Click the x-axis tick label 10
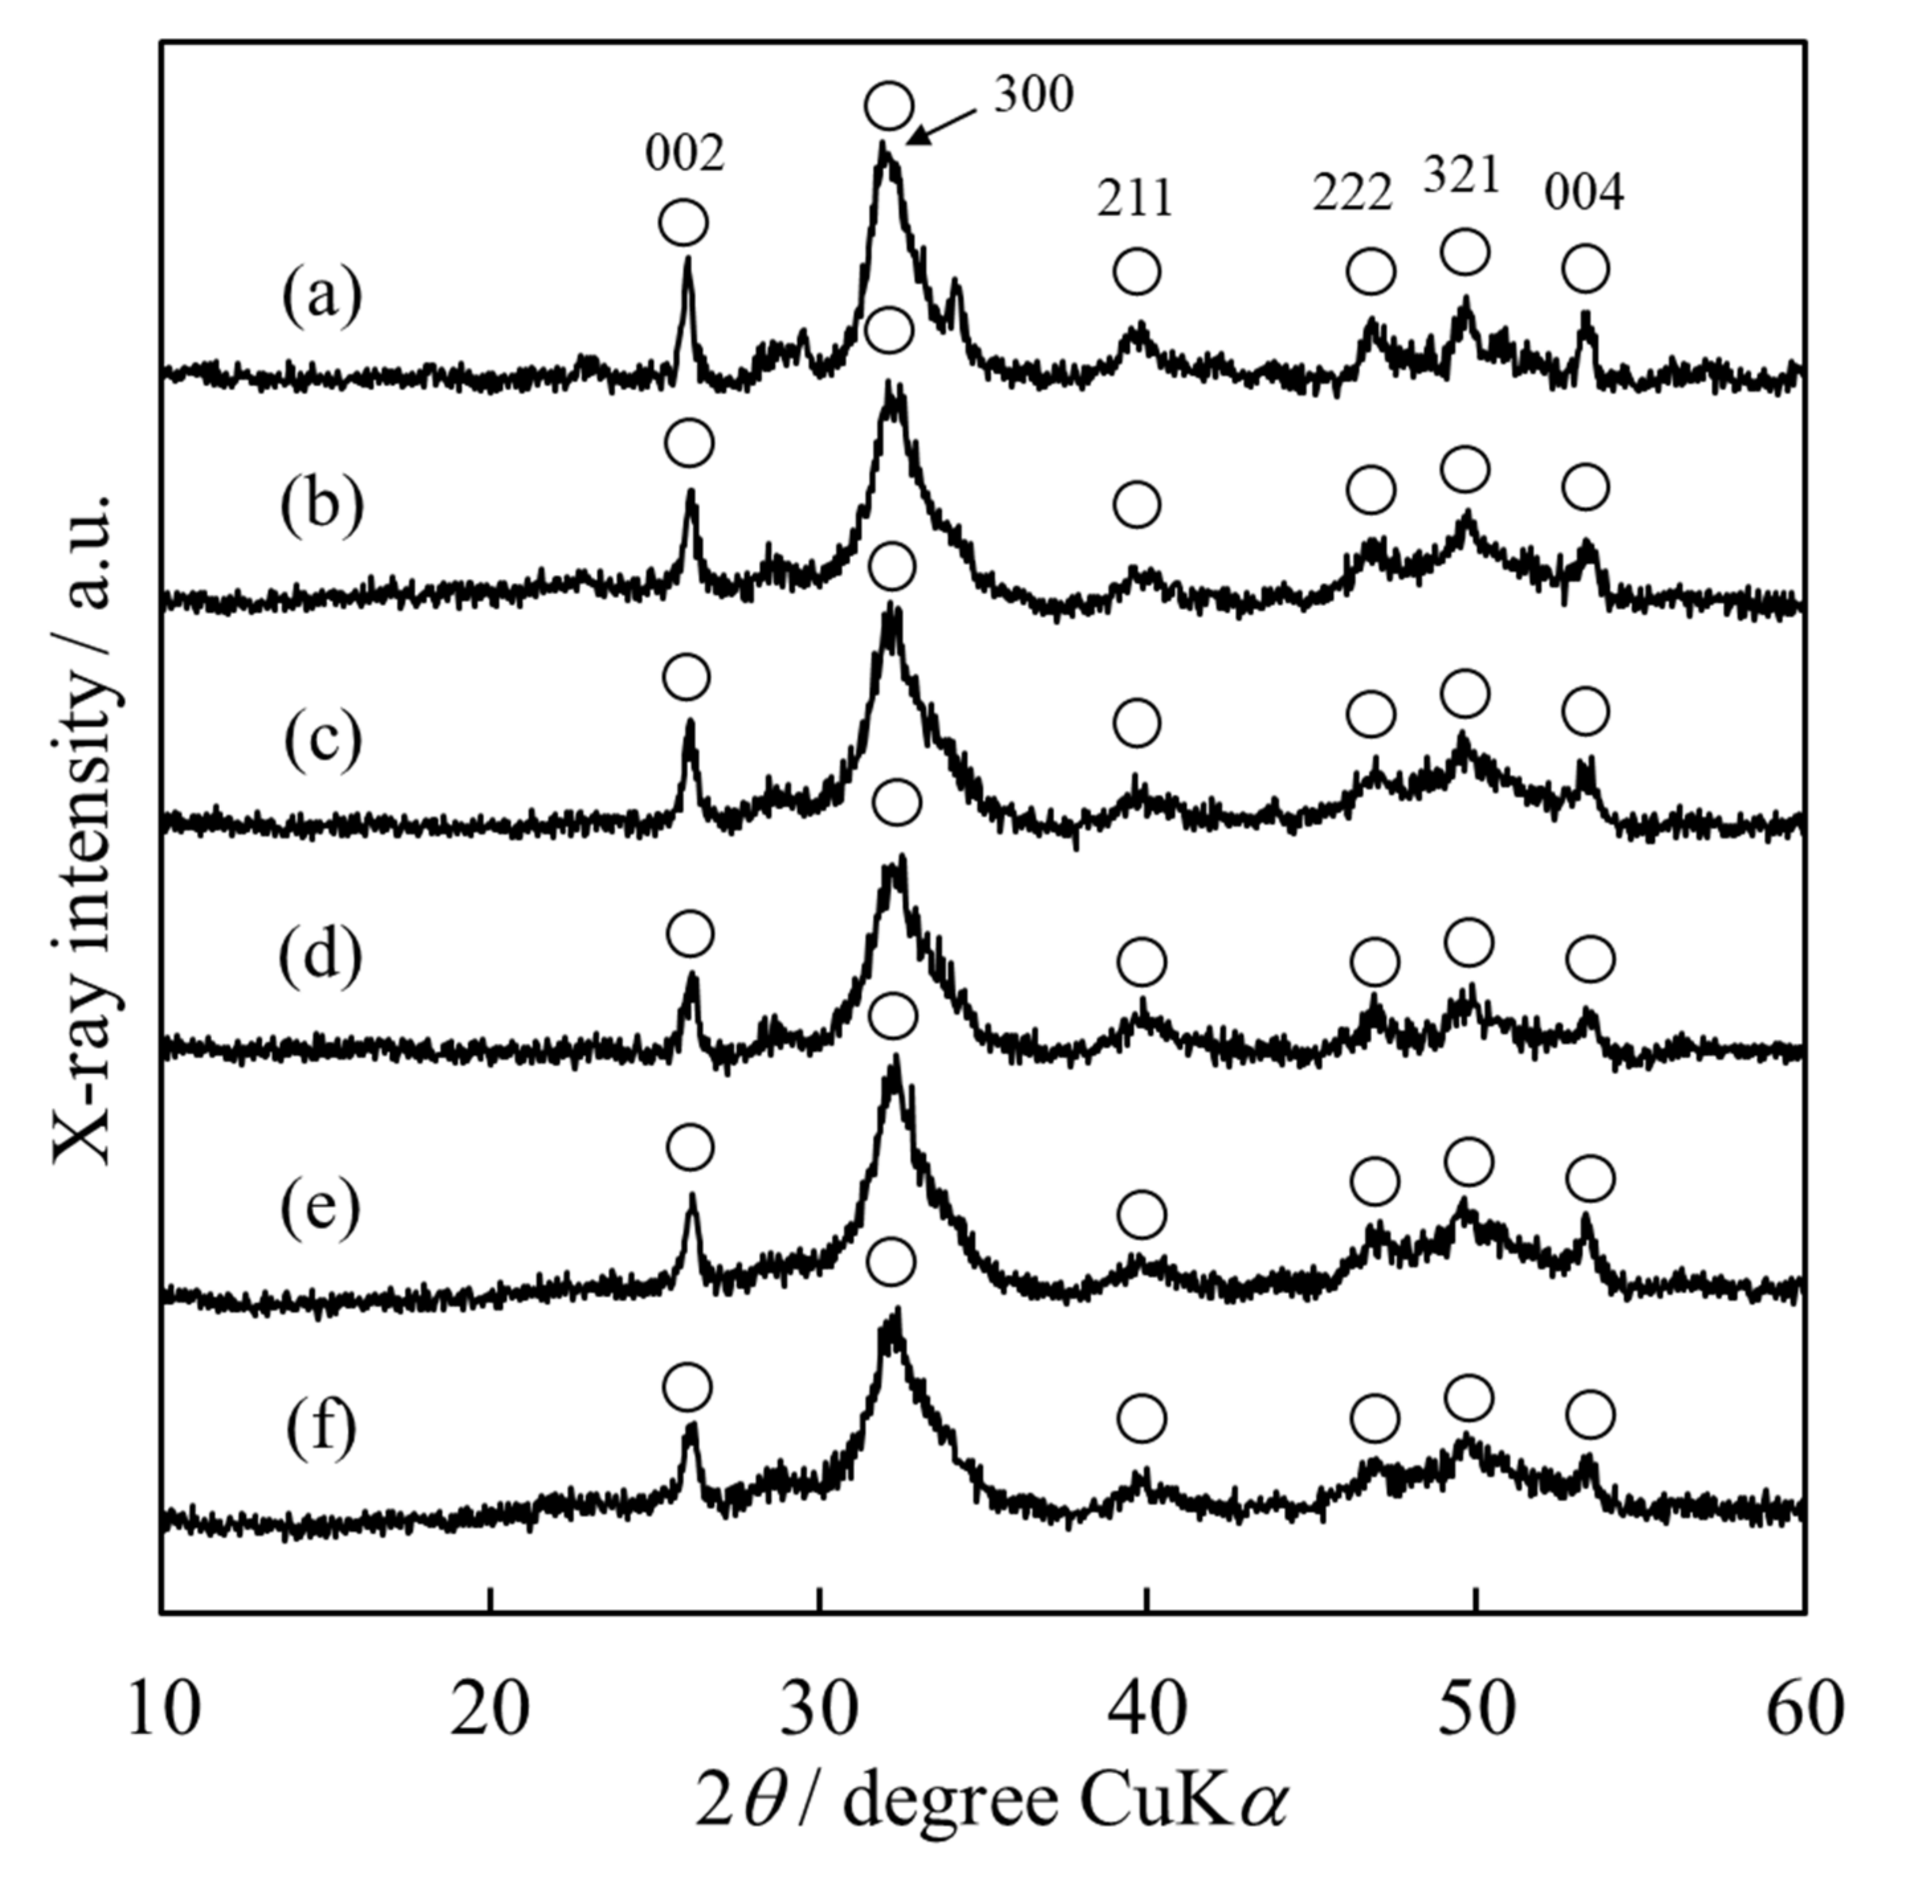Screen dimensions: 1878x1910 coord(164,1709)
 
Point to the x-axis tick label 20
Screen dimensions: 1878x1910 coord(489,1709)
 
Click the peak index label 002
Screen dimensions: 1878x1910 coord(685,154)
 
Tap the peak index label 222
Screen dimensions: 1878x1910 coord(1352,193)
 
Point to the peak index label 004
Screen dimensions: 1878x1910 coord(1583,193)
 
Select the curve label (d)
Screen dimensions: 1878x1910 coord(321,958)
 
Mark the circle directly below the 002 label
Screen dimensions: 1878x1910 coord(683,223)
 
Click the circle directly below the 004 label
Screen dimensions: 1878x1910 coord(1585,268)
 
